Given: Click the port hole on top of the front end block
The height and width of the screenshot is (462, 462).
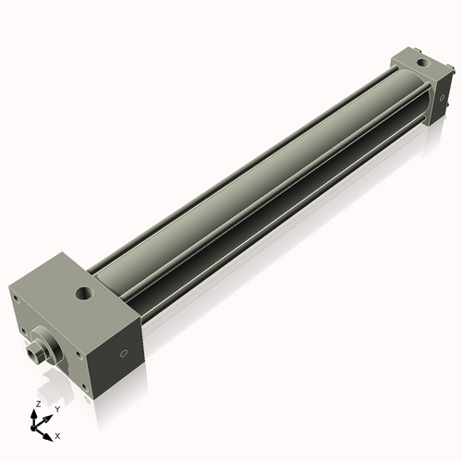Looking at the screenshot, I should point(84,294).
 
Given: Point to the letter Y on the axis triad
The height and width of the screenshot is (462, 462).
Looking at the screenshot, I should point(57,408).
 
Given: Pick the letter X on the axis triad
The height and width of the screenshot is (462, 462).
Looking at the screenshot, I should point(58,433).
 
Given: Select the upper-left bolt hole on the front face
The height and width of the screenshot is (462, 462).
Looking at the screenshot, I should point(15,298).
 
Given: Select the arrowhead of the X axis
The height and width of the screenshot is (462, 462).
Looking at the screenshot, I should point(49,432).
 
